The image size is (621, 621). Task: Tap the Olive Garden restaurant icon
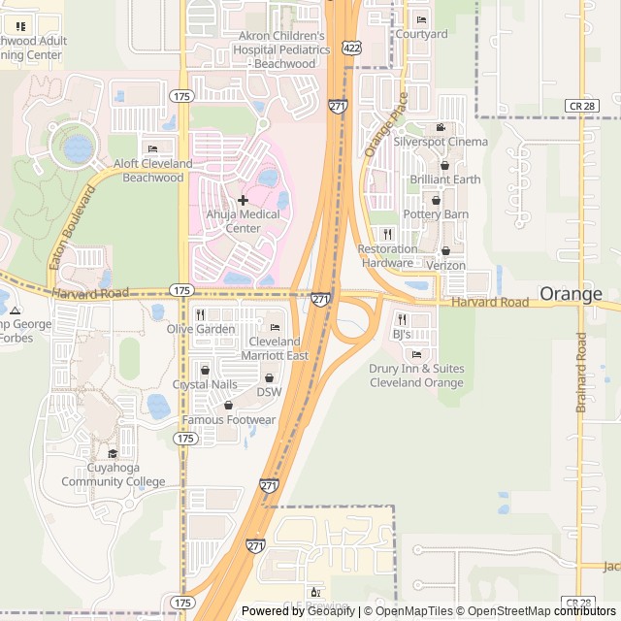coord(201,314)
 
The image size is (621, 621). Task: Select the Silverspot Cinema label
coord(441,141)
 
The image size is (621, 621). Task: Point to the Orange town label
coord(571,293)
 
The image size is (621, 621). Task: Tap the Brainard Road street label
coord(581,373)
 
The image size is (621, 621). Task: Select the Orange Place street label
coord(385,124)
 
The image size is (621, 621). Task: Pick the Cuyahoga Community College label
coord(114,475)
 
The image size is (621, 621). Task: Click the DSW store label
coord(269,392)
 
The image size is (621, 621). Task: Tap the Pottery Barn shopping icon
coord(437,200)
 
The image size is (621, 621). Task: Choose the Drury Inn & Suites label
coord(416,376)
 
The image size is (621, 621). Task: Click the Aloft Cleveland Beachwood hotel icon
coord(152,148)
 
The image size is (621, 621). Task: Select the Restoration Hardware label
coord(387,256)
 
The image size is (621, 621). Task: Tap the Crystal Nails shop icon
coord(204,370)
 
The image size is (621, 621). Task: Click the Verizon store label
coord(445,265)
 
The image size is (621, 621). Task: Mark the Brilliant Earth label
coord(444,180)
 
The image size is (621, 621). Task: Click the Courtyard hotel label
coord(421,35)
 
